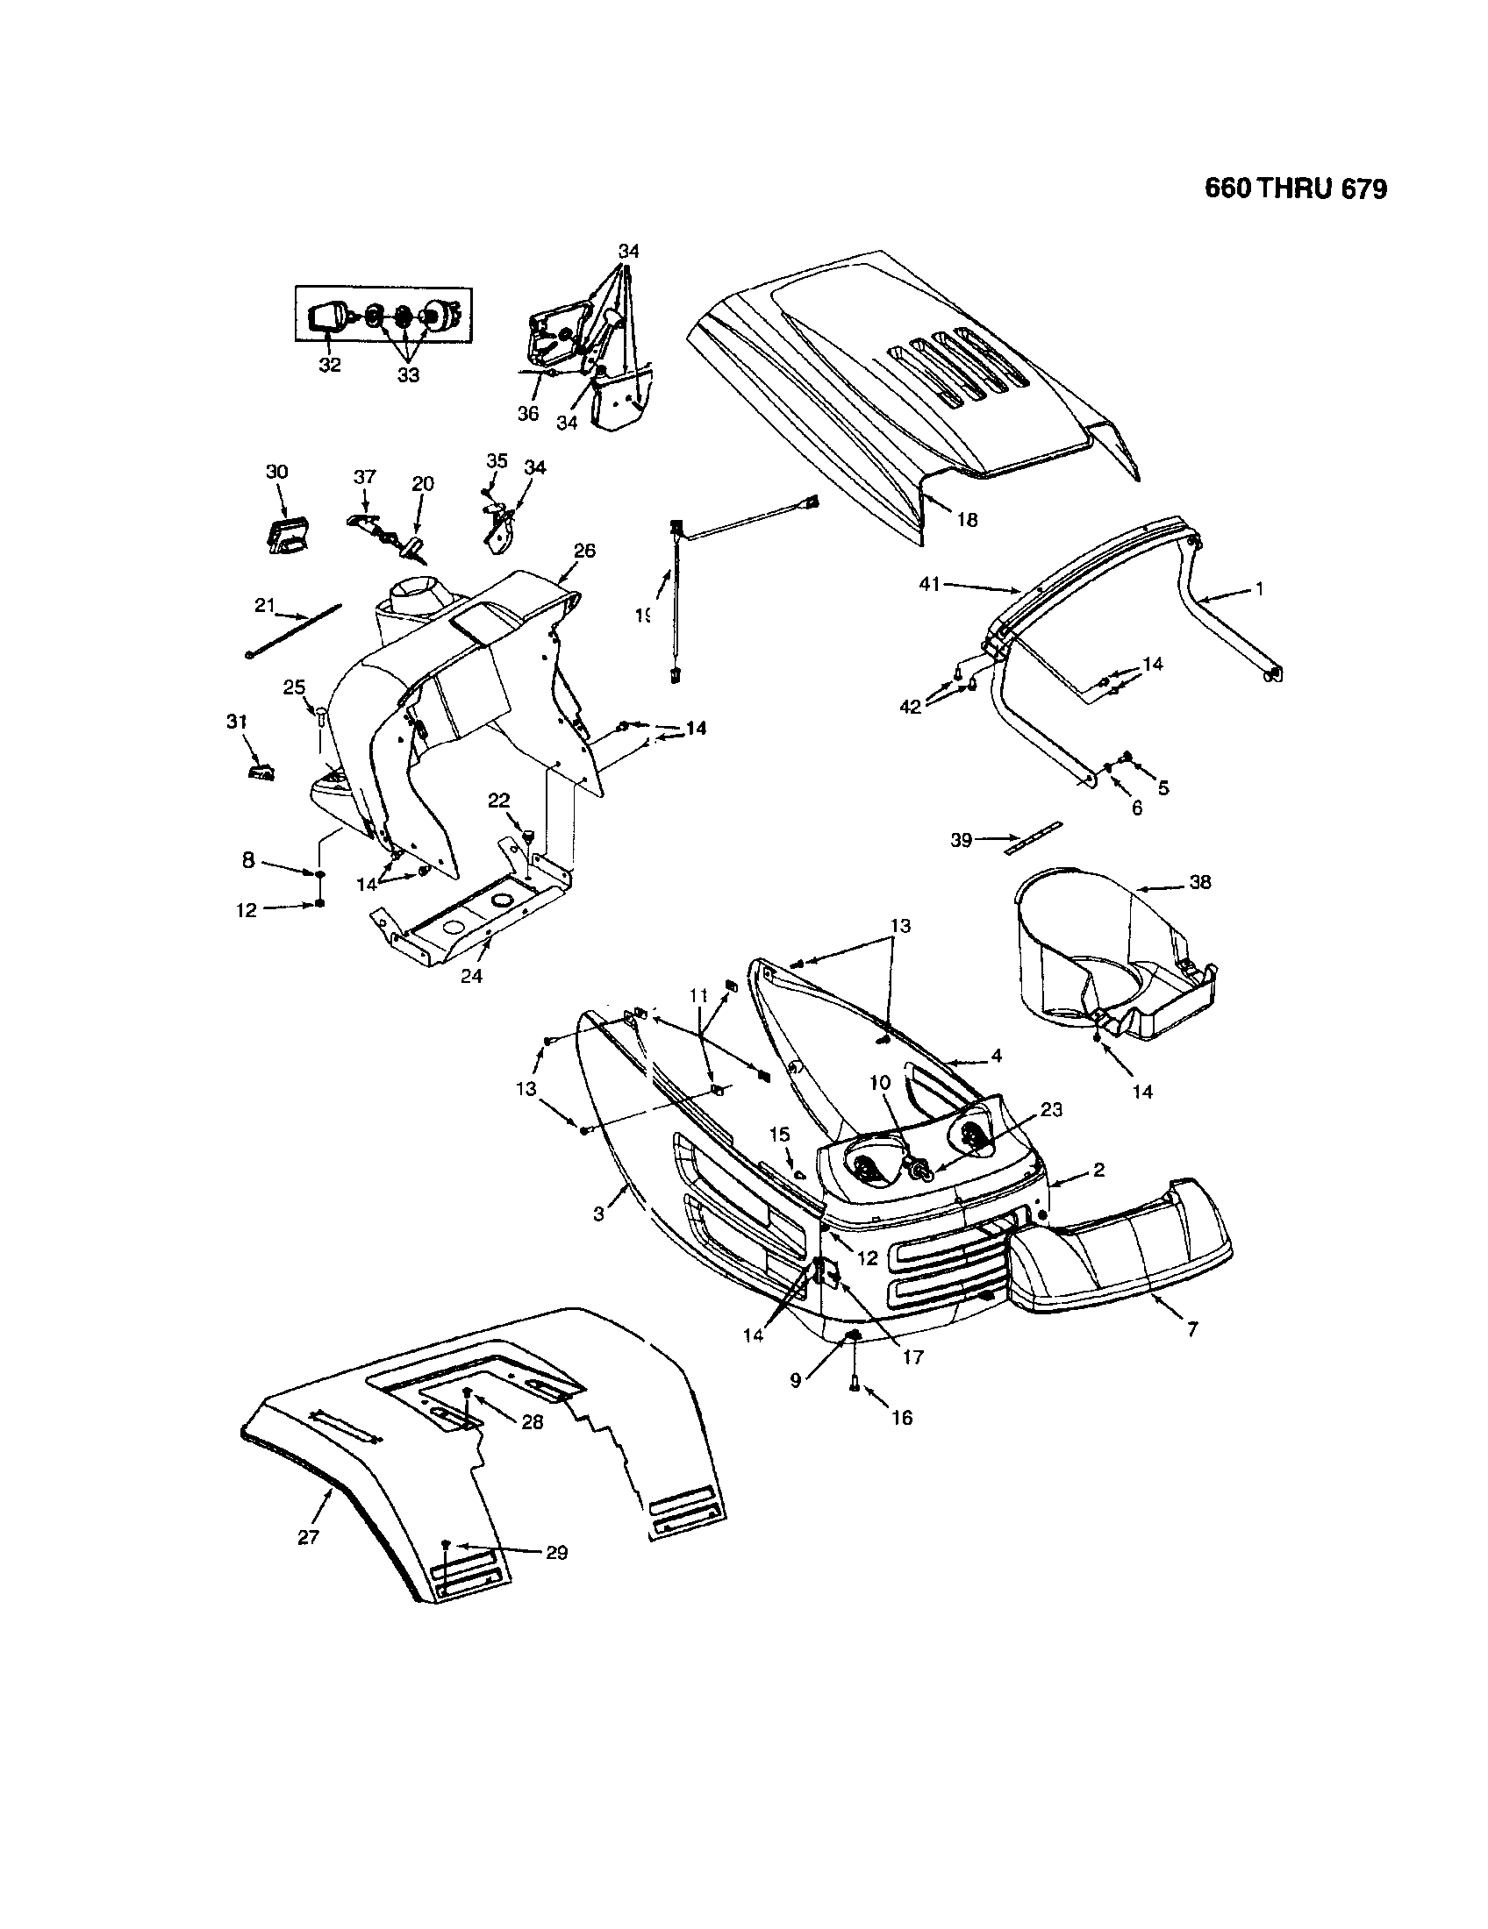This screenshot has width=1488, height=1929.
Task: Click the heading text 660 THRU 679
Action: pos(1295,189)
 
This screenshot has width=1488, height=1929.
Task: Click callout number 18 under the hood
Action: pos(968,520)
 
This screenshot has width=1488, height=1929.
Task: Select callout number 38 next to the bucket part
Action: pos(1200,881)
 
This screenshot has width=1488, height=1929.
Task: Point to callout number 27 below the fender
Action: pos(307,1538)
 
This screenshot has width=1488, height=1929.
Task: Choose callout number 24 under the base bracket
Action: pos(471,977)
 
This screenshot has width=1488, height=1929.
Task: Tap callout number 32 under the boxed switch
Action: pos(330,365)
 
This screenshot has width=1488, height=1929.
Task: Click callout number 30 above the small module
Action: pos(277,473)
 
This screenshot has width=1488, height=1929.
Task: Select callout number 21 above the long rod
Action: pos(265,605)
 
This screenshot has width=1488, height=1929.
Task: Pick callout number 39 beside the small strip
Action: pos(962,840)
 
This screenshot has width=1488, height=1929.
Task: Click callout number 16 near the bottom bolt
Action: pos(902,1418)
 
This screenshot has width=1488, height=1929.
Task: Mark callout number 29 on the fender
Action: pos(555,1553)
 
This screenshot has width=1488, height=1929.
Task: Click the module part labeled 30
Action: pos(285,536)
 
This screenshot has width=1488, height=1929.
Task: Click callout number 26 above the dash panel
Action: pos(584,551)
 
